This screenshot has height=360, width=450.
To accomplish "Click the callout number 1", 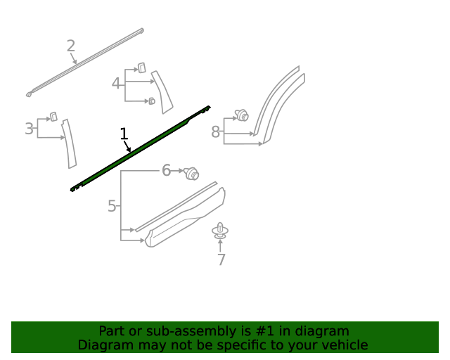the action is point(124,134).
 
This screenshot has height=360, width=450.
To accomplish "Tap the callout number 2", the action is point(71,46).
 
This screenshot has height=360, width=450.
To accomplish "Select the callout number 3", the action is point(29,129).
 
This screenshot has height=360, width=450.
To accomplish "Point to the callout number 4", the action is point(115,84).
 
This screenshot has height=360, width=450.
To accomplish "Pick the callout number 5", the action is point(112,206).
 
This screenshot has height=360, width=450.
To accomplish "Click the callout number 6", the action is point(166,170).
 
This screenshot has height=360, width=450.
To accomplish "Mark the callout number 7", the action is point(221,259).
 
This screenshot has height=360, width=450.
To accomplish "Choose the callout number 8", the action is point(216,132).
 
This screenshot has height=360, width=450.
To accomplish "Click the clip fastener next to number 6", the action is point(191,174).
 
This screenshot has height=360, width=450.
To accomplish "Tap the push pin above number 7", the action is point(220,231).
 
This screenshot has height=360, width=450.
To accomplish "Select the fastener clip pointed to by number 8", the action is point(242,115).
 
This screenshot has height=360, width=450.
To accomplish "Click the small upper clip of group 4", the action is point(141,67).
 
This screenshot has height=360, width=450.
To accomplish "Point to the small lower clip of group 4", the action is point(152,101).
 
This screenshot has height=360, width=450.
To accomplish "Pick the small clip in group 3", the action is point(53,117).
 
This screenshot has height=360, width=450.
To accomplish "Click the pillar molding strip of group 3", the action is point(70,143).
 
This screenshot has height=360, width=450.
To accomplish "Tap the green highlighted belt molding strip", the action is point(141,148).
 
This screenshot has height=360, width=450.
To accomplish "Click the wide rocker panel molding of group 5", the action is point(185,217).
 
